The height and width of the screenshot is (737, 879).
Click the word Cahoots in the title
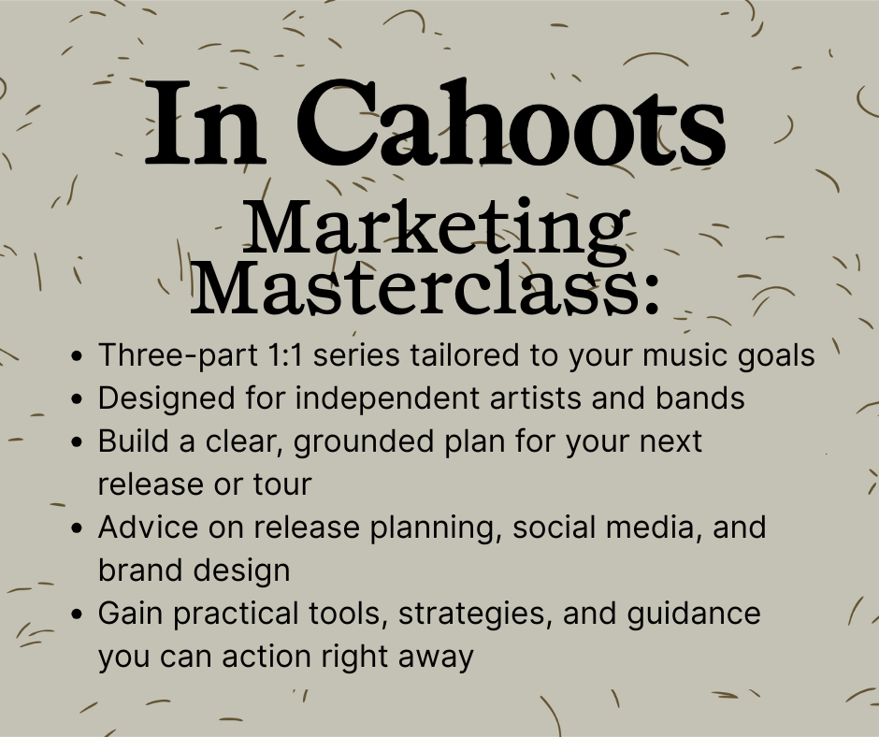[511, 123]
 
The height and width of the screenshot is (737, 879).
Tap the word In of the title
[202, 123]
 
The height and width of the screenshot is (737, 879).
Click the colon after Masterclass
[651, 295]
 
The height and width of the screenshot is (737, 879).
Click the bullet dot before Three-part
[78, 356]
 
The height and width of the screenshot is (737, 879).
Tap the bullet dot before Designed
[78, 398]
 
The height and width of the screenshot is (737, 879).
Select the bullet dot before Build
[78, 442]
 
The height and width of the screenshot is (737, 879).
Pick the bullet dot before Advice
[78, 528]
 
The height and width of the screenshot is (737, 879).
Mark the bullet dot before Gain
[78, 614]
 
